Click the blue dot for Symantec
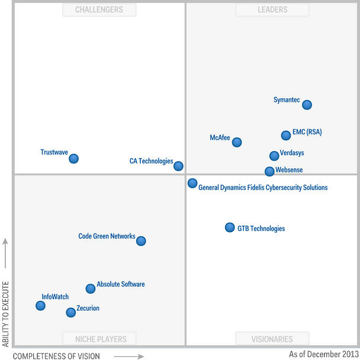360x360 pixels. tap(307, 105)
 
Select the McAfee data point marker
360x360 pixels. tap(237, 142)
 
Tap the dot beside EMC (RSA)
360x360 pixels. tap(286, 135)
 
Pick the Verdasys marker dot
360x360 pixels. tap(274, 156)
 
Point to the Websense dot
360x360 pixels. tap(269, 171)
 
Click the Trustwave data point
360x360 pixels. tap(73, 158)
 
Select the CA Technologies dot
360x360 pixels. tap(178, 166)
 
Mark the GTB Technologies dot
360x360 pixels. tap(230, 227)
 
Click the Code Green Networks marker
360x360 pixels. tap(141, 240)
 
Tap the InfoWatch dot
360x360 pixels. tap(40, 306)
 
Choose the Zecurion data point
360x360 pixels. tap(71, 312)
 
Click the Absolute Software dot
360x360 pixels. tap(90, 288)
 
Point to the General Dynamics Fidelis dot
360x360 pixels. tap(192, 183)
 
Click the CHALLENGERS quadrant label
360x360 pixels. tap(99, 9)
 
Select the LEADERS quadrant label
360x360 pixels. tap(272, 9)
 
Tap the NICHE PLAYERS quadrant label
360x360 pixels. tap(99, 339)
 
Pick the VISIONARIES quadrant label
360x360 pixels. tap(272, 339)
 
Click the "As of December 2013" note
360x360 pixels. tap(323, 354)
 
